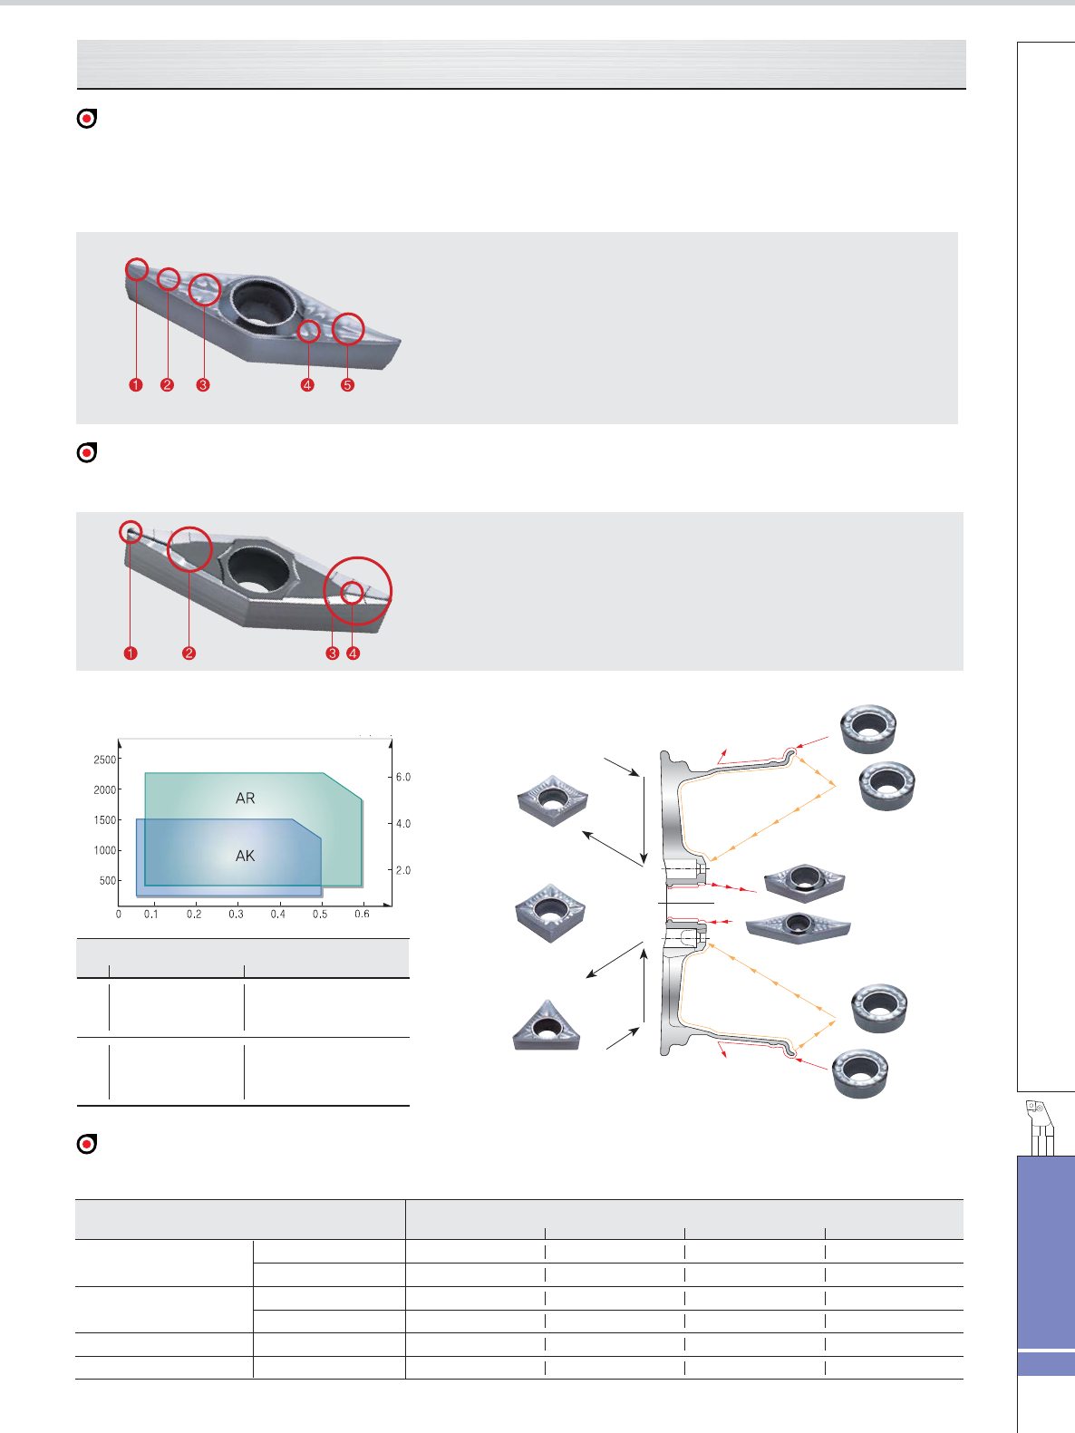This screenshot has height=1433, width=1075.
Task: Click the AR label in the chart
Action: coord(245,798)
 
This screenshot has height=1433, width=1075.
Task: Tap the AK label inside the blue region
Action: coord(245,856)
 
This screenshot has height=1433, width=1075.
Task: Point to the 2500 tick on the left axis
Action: coord(104,760)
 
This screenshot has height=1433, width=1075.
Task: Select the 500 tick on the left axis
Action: coord(108,880)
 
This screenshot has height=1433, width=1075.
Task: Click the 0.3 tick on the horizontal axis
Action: coord(236,914)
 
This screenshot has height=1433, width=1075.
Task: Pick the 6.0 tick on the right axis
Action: coord(403,777)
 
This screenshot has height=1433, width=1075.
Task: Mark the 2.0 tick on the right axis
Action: coord(403,870)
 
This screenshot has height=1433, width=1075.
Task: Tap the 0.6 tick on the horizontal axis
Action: coord(362,914)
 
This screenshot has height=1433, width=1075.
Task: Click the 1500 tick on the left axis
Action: coord(104,820)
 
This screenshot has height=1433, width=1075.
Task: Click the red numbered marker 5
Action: coord(347,385)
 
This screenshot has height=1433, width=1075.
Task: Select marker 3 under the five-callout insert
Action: coord(203,385)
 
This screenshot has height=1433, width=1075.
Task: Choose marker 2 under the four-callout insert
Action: coord(189,653)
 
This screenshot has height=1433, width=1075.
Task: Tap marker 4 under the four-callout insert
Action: coord(353,653)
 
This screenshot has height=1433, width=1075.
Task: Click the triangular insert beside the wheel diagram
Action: coord(547,1025)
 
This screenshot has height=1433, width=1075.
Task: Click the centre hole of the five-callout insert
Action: coord(264,302)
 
